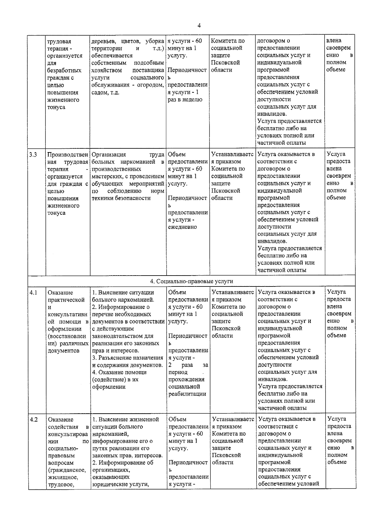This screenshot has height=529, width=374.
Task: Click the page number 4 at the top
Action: click(199, 26)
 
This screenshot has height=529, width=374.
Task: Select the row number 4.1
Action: click(33, 292)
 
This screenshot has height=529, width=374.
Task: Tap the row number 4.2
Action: click(34, 419)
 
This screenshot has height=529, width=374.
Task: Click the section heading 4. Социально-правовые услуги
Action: click(191, 281)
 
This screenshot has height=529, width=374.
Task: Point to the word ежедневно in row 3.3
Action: click(182, 227)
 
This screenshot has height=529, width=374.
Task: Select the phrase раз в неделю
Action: click(185, 99)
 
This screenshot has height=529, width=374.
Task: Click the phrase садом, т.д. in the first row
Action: click(105, 93)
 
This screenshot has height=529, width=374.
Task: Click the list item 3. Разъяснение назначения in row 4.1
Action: click(127, 358)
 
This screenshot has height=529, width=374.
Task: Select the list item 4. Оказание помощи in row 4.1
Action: click(119, 372)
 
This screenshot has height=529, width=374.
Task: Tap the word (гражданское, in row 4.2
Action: click(67, 470)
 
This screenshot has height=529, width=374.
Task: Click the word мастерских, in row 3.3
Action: click(107, 176)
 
